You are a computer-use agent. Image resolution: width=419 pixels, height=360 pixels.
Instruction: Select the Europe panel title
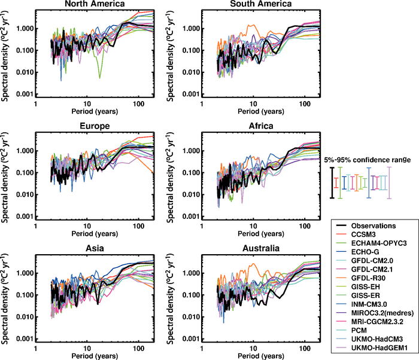tap(94, 126)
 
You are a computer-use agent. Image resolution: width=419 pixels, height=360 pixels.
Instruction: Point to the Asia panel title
tap(94, 248)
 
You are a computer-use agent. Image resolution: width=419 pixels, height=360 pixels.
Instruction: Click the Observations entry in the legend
tap(378, 225)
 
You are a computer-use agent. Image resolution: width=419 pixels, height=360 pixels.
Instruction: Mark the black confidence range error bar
tap(332, 182)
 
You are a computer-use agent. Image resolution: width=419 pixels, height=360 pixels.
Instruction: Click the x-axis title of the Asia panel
tap(93, 353)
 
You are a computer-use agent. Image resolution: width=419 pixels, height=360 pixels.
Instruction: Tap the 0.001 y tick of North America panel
tap(23, 94)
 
